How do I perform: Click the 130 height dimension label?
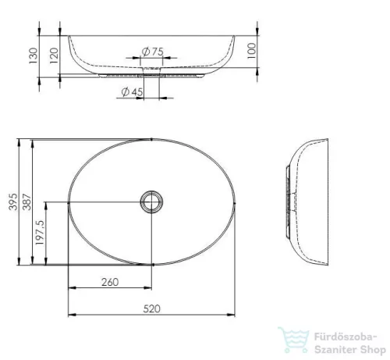(x=34, y=55)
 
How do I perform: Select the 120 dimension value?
(x=54, y=55)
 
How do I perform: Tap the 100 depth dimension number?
(x=251, y=51)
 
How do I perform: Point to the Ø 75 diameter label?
(x=153, y=52)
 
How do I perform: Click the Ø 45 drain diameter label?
(x=132, y=92)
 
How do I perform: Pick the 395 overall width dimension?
(x=13, y=201)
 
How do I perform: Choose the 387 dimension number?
(x=27, y=201)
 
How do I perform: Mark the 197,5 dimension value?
(x=41, y=233)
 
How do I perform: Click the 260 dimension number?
(x=110, y=282)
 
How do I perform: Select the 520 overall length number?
(x=151, y=309)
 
